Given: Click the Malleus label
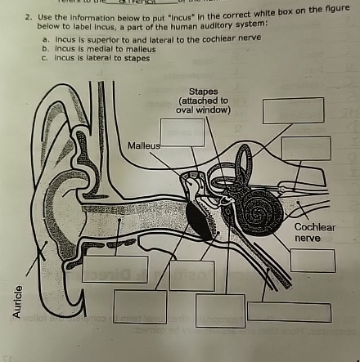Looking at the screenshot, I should pos(142,145).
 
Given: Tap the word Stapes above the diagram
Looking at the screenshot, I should pos(203,91).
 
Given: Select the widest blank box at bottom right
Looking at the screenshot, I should pos(289,312).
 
